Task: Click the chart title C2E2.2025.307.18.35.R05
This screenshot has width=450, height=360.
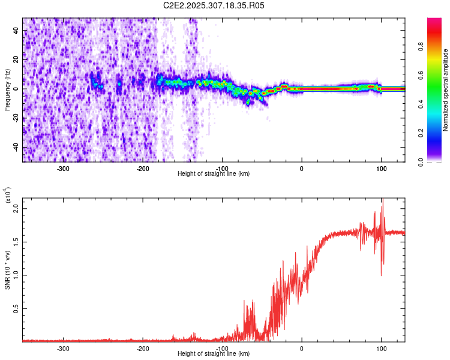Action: [214, 5]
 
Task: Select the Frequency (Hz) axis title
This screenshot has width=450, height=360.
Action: [7, 89]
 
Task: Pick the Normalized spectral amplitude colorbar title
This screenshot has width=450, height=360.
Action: [445, 89]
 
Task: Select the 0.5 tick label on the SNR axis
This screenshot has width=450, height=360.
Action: [17, 308]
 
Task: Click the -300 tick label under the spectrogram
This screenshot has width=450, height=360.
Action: [64, 168]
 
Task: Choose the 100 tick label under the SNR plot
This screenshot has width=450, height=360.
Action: [381, 348]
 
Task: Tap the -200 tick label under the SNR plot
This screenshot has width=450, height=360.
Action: [143, 348]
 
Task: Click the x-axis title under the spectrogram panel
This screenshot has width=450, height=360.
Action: [214, 174]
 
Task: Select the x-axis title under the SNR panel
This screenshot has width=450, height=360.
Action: [214, 354]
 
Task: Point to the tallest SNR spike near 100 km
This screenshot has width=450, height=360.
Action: [382, 200]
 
